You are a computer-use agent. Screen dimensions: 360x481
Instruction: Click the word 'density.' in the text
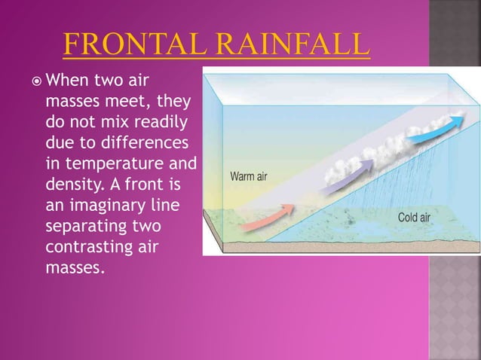click(76, 184)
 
